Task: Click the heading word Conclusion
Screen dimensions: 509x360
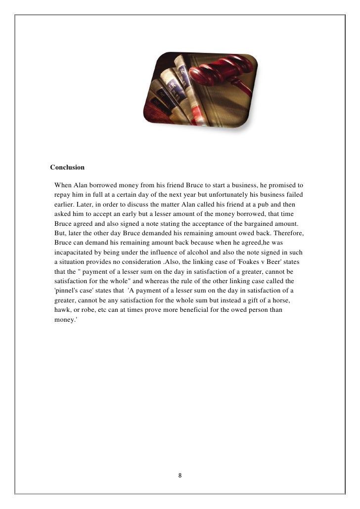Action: click(x=67, y=167)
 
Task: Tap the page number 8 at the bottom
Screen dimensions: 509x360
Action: click(x=180, y=475)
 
